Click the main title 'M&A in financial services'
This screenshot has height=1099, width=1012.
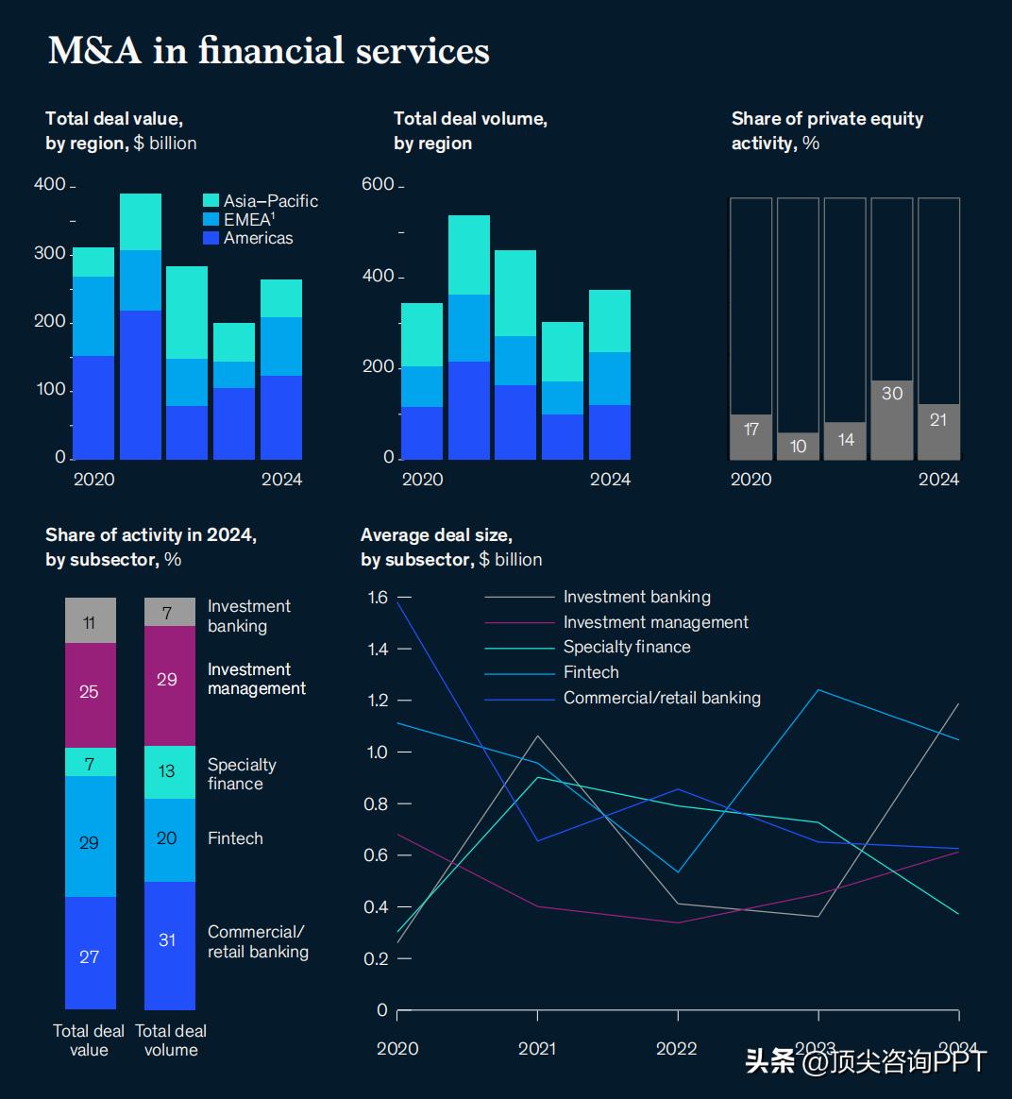(268, 50)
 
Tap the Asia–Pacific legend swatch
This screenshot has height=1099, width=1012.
(211, 201)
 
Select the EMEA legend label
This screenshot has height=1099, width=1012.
(248, 219)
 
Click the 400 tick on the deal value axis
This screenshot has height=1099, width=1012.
(50, 184)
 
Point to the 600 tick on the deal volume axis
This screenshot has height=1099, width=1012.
(378, 184)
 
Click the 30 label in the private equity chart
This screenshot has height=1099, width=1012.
(892, 394)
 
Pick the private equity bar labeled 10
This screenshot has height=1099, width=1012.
(798, 446)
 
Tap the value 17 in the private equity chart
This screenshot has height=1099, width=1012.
(751, 430)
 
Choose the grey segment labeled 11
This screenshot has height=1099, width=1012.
(90, 621)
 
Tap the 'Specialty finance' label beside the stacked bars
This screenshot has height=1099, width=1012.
(242, 774)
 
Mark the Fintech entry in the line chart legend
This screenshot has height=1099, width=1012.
(591, 672)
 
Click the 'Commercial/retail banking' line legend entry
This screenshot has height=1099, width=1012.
(661, 698)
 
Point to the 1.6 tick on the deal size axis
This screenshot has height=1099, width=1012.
(378, 597)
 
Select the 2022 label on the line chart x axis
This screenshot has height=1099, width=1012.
(677, 1048)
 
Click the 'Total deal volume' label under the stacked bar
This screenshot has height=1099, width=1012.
(171, 1040)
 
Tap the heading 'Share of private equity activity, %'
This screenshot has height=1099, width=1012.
(827, 131)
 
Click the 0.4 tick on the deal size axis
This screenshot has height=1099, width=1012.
(378, 907)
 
